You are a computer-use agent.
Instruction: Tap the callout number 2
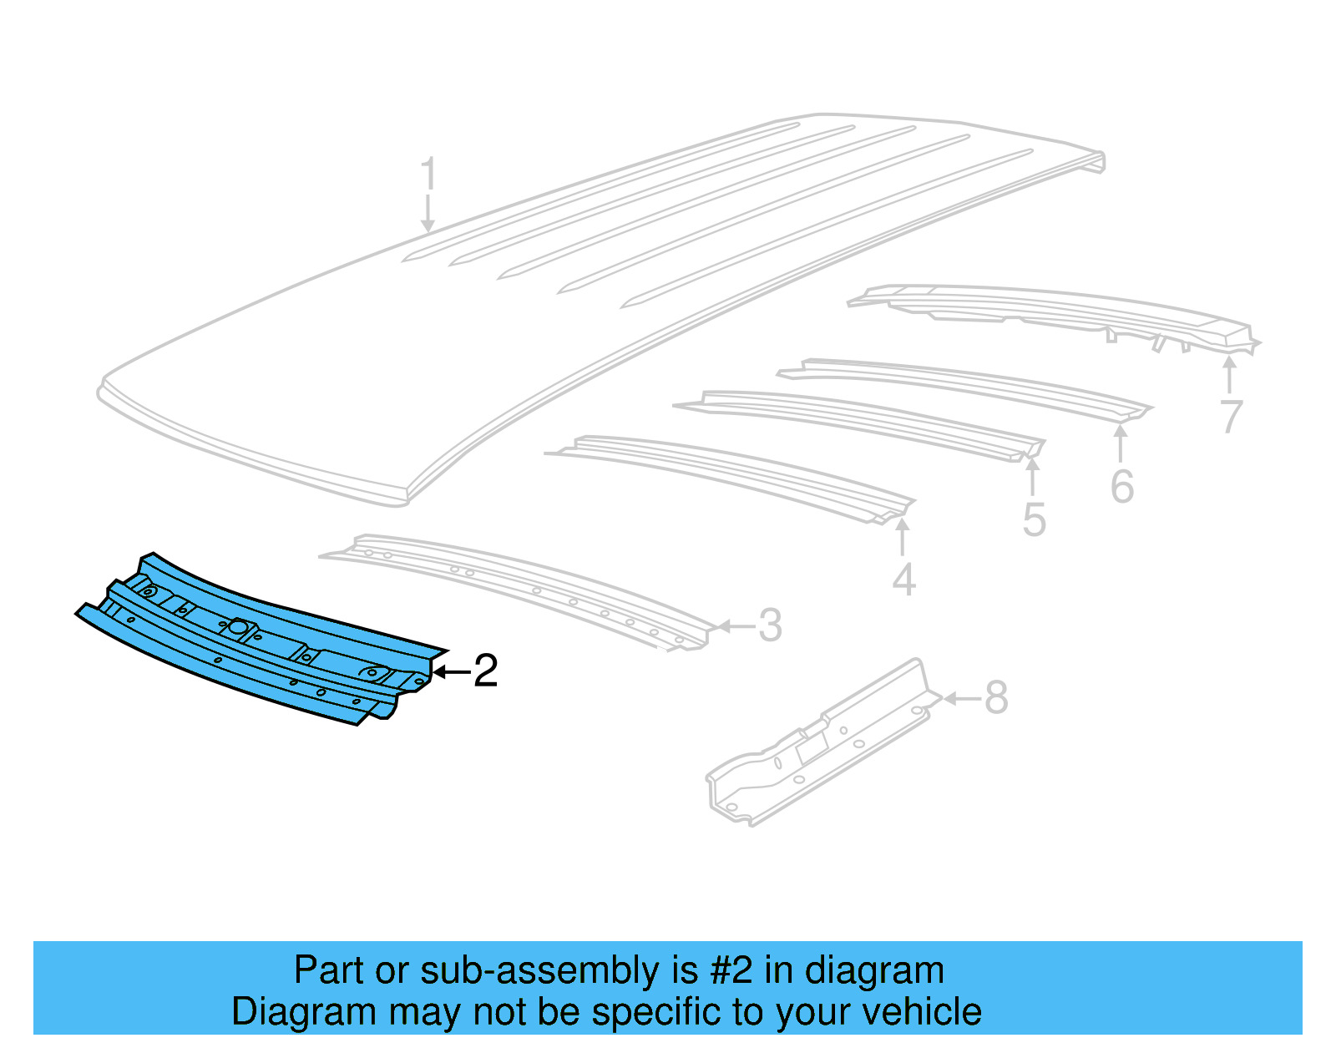(485, 671)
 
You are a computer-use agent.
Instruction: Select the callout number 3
(769, 625)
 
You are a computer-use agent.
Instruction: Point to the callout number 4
(903, 580)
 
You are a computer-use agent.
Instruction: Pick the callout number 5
(1034, 520)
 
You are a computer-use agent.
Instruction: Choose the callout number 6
(1121, 487)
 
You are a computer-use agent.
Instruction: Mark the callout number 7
(1231, 417)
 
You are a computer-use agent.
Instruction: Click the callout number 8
(996, 697)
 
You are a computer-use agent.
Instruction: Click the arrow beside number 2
(451, 671)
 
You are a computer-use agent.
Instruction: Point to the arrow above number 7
(1229, 374)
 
